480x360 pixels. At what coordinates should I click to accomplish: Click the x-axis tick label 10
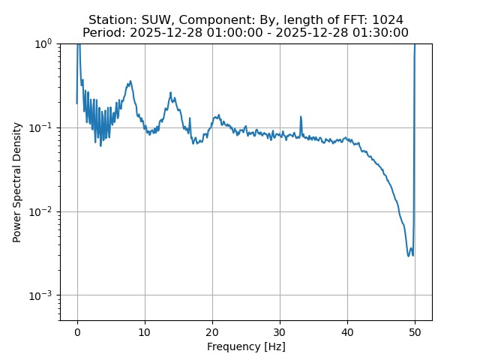[145, 331]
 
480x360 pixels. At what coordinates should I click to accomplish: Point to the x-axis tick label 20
[212, 331]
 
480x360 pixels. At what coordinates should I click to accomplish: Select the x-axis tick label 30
[280, 331]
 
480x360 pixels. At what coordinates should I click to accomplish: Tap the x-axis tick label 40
[347, 331]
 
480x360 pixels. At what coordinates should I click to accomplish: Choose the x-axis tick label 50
[415, 331]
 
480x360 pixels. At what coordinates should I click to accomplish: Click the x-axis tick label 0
[77, 331]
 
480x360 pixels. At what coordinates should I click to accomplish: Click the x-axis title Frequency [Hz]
[246, 346]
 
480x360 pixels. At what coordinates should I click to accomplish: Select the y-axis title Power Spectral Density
[17, 182]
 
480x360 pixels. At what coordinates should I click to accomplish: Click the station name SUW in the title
[157, 19]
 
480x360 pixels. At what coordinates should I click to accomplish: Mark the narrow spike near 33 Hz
[301, 117]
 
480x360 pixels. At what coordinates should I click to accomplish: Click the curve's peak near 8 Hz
[130, 81]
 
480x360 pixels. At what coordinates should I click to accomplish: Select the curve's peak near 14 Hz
[171, 94]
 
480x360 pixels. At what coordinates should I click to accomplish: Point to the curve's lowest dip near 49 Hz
[409, 256]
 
